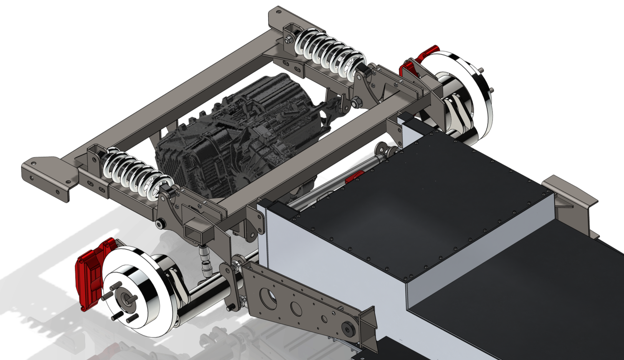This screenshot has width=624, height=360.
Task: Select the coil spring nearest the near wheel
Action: click(134, 173)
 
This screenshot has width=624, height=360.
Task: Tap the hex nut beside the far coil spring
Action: click(356, 102)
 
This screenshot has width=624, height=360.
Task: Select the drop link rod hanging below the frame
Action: click(205, 259)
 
